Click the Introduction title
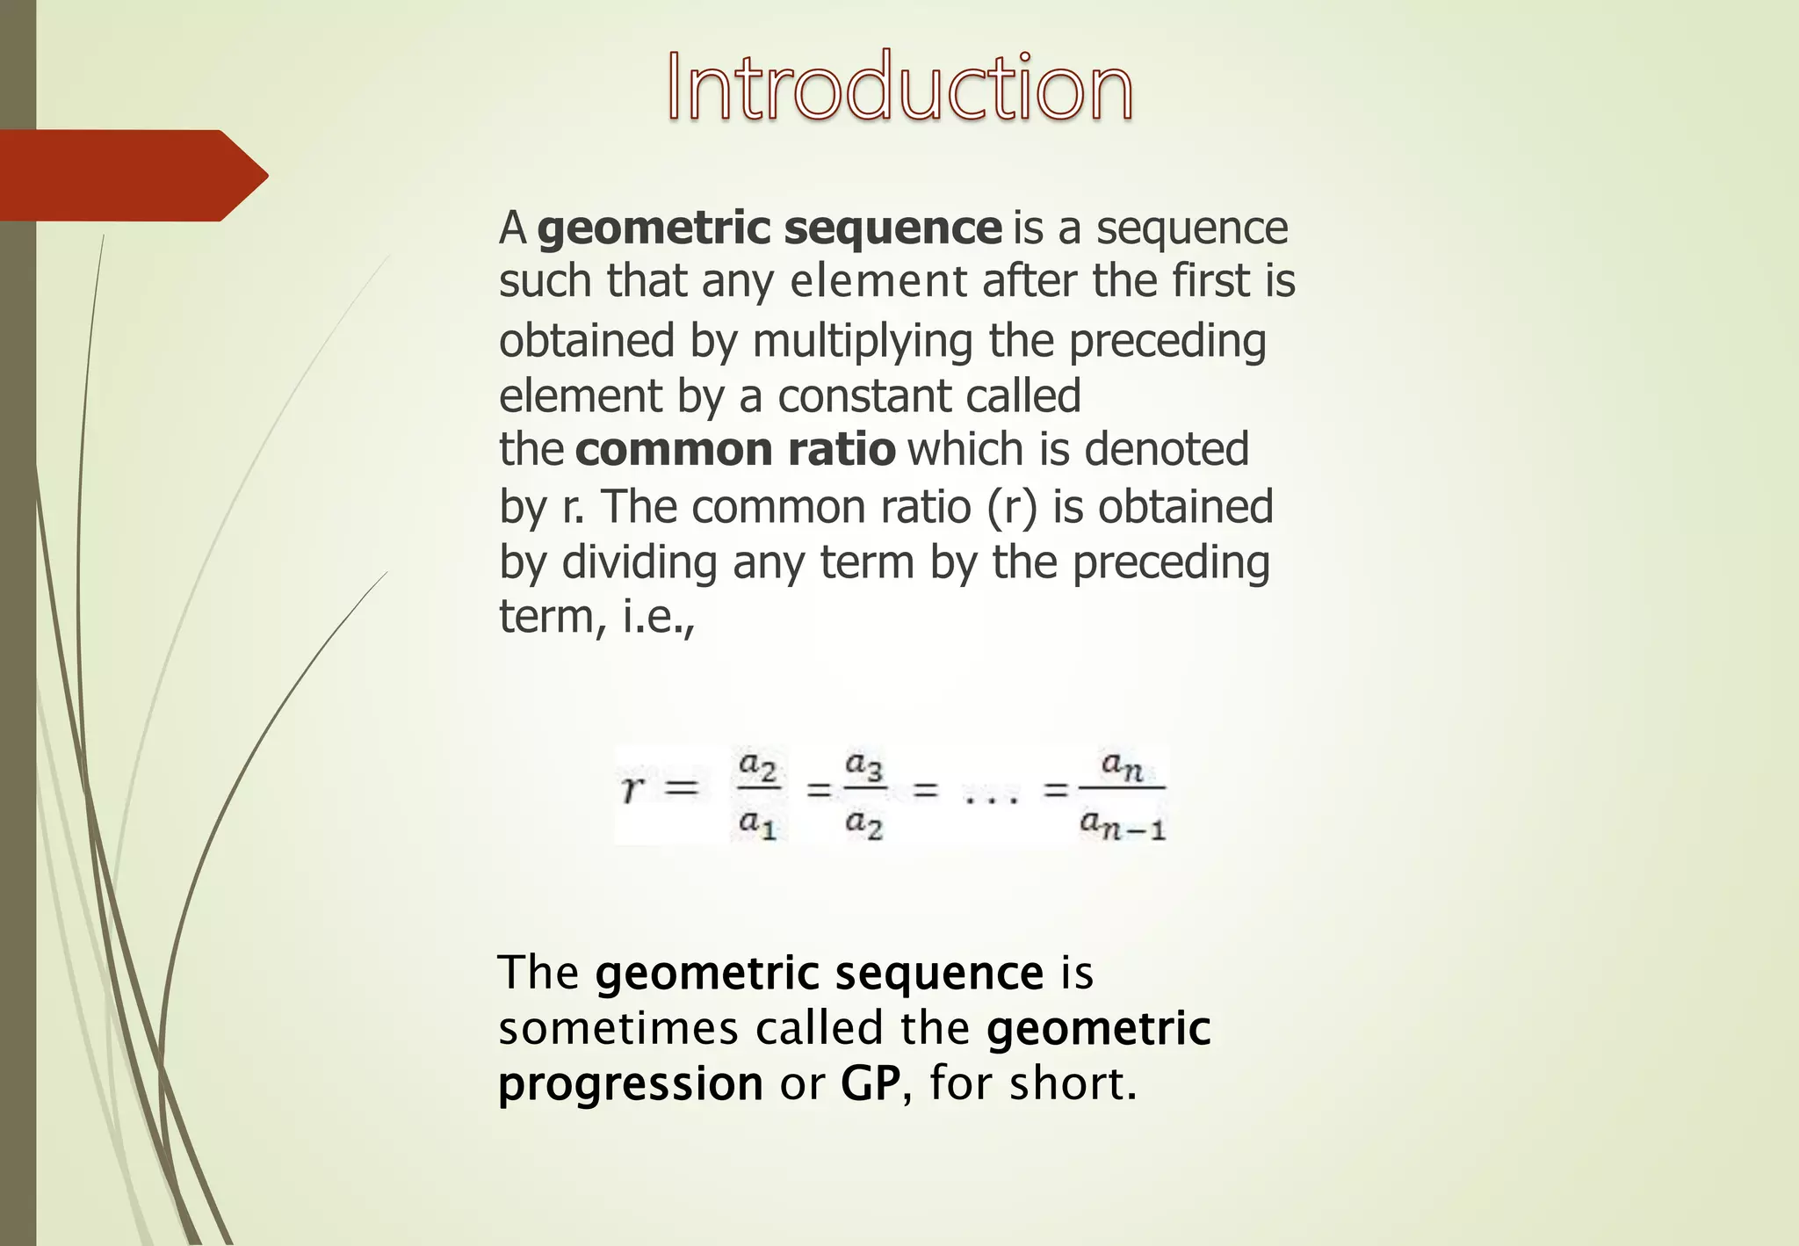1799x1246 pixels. (x=899, y=87)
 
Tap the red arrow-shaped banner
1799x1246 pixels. (x=132, y=176)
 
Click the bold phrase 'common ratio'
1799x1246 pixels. (x=735, y=449)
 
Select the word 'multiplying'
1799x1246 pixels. (x=863, y=342)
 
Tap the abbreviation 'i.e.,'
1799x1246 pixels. (x=659, y=616)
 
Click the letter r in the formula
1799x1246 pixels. (x=631, y=788)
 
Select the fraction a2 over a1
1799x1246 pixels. (x=757, y=794)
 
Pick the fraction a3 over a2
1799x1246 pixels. (x=863, y=794)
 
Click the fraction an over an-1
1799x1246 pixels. (x=1122, y=794)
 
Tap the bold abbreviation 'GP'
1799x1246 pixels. (x=870, y=1083)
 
